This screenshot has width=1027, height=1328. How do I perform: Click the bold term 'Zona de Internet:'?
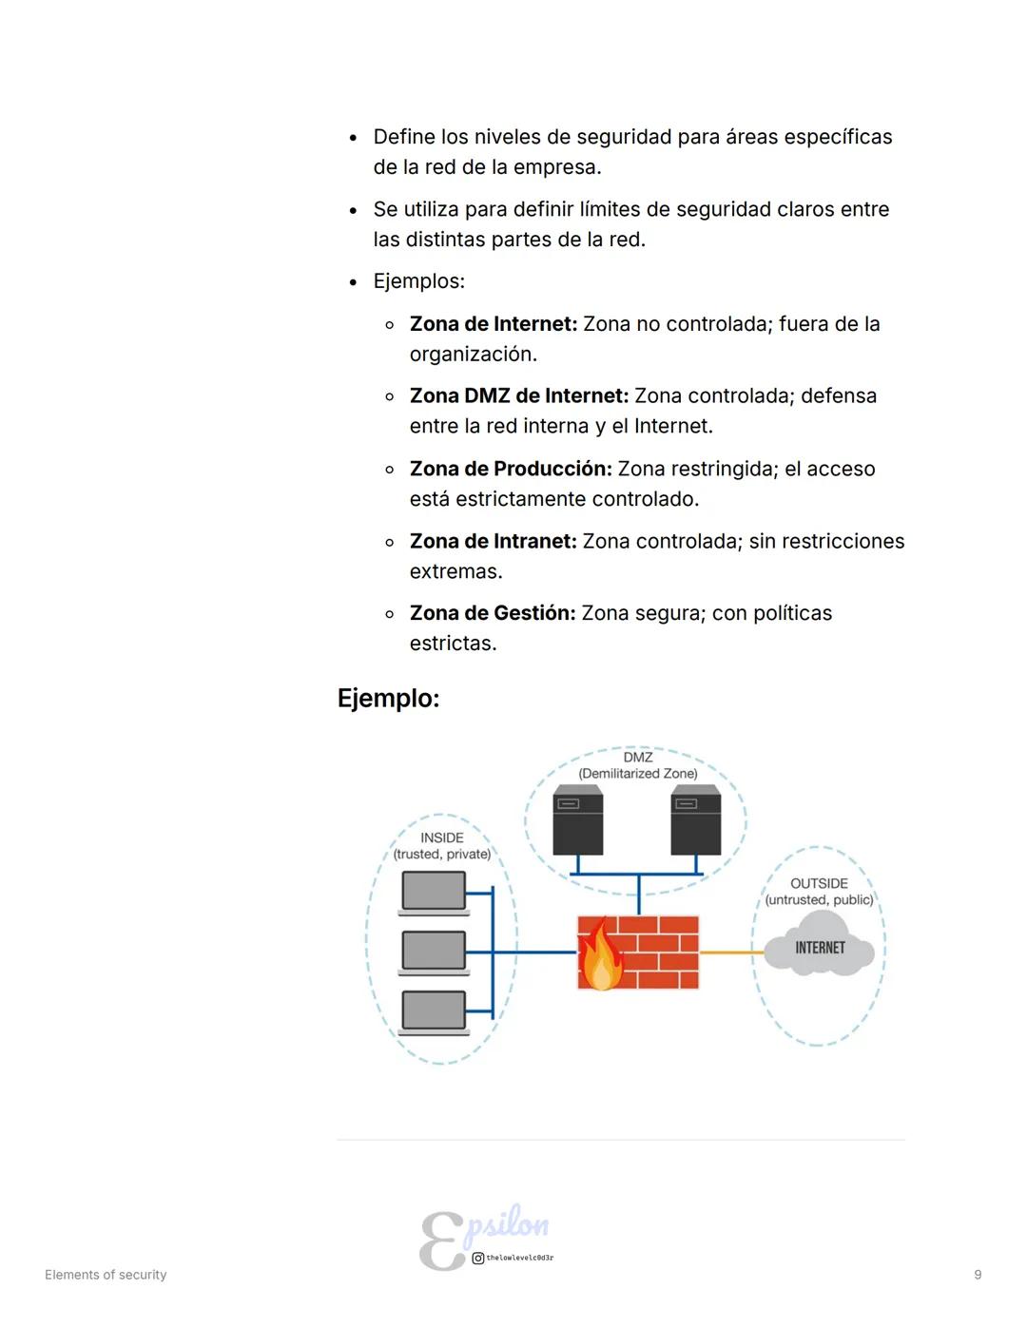(493, 324)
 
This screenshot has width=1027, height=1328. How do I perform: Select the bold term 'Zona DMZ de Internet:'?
(518, 396)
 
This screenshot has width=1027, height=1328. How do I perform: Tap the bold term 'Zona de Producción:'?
(511, 469)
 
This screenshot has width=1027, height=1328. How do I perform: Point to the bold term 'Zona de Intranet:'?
(493, 541)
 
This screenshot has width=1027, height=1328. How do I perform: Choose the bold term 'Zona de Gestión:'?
(493, 613)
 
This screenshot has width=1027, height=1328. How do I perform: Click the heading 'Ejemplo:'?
(388, 699)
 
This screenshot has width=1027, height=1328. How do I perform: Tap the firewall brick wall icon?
(656, 953)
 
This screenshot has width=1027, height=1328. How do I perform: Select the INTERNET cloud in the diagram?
(820, 945)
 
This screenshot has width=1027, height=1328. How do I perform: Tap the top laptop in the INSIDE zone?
(434, 893)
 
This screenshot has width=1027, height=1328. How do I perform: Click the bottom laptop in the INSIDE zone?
(434, 1011)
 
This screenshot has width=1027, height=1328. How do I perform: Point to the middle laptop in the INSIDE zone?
(434, 952)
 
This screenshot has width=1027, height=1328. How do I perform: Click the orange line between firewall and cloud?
(731, 952)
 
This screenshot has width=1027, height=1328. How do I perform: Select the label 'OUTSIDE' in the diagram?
(819, 883)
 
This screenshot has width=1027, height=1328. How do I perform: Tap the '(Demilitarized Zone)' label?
(638, 774)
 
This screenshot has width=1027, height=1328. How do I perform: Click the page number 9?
(978, 1275)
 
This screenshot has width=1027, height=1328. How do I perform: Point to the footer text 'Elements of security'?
(106, 1275)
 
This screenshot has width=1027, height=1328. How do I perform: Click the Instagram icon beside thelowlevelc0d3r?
(478, 1258)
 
